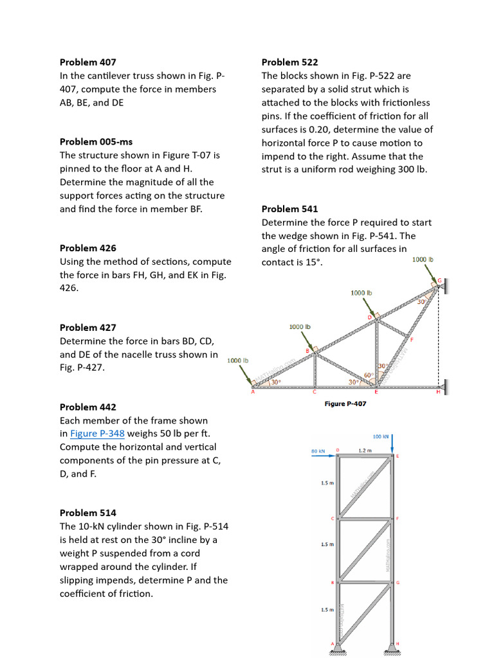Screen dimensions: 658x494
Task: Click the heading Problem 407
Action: [88, 62]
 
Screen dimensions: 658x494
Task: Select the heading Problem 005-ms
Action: [96, 141]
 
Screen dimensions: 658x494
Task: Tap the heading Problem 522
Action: [289, 62]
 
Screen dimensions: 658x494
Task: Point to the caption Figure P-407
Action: [345, 404]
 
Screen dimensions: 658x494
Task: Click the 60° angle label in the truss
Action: [369, 375]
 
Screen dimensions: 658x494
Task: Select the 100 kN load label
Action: [381, 436]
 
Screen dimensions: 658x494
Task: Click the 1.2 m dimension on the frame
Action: [365, 450]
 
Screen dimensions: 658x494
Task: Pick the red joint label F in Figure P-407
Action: [412, 339]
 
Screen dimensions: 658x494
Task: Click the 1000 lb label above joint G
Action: [423, 260]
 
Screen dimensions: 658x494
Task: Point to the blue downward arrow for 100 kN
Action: [392, 445]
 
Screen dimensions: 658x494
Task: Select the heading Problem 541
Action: [289, 209]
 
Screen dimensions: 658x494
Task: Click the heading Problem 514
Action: [88, 513]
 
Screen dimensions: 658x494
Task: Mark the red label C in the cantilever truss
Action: [315, 392]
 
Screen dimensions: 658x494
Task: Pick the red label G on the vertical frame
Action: [398, 583]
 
